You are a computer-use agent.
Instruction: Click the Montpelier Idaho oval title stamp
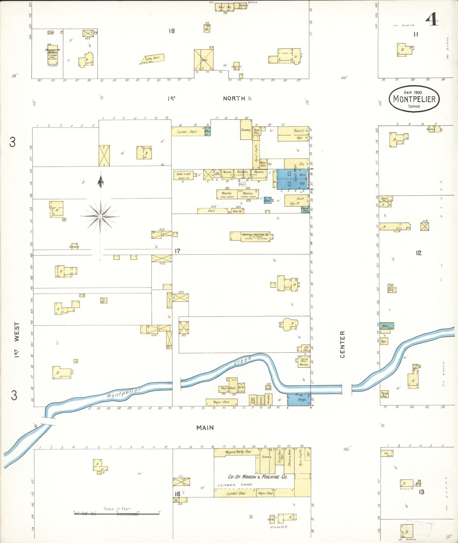coord(414,98)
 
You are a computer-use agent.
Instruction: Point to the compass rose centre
coord(100,217)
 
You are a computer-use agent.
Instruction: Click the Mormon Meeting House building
coord(251,236)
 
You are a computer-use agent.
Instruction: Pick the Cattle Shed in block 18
coord(153,58)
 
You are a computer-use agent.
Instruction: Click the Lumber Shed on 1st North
coord(188,131)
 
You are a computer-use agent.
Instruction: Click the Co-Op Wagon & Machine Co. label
coord(258,477)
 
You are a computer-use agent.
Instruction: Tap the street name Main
coord(205,427)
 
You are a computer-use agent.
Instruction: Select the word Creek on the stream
coord(243,361)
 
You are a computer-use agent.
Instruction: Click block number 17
coord(177,251)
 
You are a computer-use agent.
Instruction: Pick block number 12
coord(419,253)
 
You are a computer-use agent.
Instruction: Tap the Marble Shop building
coord(384,394)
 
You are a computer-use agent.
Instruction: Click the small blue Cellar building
coord(267,200)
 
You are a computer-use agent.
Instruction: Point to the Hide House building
coord(237,211)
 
